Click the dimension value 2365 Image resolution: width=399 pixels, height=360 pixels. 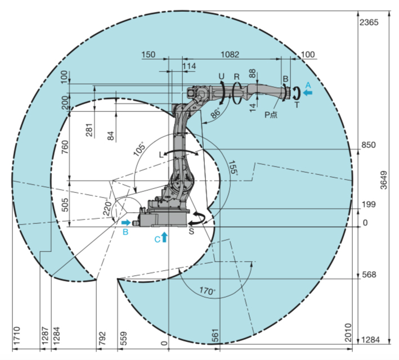(x=369, y=22)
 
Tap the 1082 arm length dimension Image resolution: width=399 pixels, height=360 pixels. (x=230, y=55)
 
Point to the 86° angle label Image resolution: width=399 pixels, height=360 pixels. (x=216, y=113)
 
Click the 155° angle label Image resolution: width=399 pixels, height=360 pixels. (x=233, y=168)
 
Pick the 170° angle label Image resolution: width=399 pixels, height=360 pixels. (x=207, y=290)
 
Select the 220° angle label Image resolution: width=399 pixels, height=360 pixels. (x=108, y=208)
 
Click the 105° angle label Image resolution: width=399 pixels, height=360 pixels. (x=140, y=148)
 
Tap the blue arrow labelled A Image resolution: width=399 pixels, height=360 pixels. (x=308, y=93)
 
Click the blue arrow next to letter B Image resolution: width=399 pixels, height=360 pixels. (x=126, y=223)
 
